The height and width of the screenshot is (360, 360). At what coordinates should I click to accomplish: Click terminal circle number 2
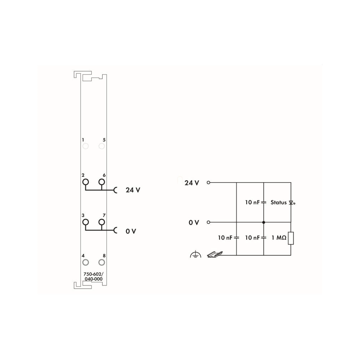click(86, 182)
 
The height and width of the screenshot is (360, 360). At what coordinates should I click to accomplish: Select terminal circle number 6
click(102, 182)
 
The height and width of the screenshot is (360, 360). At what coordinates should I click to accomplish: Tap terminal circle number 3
click(86, 222)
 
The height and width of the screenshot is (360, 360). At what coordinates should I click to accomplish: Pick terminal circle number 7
click(102, 222)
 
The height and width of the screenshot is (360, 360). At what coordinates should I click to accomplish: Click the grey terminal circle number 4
click(86, 262)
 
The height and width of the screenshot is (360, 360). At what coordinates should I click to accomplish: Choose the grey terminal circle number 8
click(102, 262)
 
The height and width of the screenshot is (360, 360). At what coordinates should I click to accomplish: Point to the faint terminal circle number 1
click(86, 146)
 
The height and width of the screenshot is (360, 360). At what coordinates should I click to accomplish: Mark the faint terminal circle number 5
click(102, 146)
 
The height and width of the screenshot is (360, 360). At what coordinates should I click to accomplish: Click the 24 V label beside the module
click(133, 190)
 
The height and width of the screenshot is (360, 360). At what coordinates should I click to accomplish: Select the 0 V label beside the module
click(131, 231)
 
